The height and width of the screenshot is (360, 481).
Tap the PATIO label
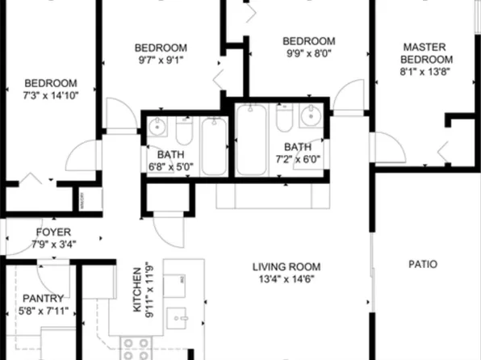(422, 263)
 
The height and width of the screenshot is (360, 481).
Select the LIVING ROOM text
(286, 267)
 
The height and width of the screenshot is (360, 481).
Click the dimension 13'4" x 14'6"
(286, 279)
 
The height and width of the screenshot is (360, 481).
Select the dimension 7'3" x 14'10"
(50, 95)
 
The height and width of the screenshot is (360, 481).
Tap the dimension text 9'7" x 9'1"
(161, 59)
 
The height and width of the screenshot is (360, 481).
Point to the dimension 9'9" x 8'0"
(307, 53)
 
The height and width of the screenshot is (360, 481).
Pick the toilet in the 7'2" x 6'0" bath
(283, 119)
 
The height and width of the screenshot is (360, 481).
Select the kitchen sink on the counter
(180, 316)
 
